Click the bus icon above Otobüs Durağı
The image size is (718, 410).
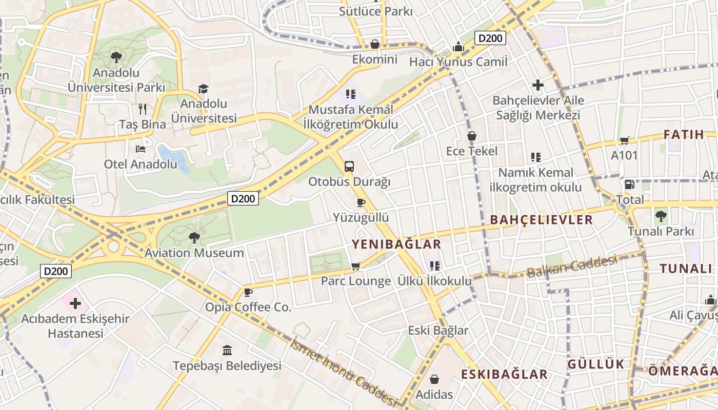[349, 166]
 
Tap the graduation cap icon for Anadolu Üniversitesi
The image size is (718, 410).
[204, 89]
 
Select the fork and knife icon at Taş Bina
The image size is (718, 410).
[143, 109]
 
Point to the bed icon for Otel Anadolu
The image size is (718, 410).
[141, 149]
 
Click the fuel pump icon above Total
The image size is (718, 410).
[630, 184]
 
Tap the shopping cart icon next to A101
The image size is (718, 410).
[624, 140]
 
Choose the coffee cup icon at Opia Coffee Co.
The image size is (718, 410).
[248, 292]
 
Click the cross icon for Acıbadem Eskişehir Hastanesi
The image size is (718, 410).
[75, 303]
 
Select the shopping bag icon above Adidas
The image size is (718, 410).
[434, 379]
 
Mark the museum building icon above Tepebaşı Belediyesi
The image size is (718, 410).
[227, 351]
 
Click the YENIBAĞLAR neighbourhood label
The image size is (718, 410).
[396, 244]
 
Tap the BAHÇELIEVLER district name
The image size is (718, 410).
[541, 220]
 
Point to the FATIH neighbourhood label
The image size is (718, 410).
[684, 135]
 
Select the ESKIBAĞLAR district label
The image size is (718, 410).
[504, 374]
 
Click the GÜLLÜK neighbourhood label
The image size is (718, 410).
[596, 364]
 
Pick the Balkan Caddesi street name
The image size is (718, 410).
[572, 266]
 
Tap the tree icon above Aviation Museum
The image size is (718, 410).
[194, 237]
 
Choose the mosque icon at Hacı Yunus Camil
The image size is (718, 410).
[458, 47]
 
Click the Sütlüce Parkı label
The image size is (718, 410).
[375, 11]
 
